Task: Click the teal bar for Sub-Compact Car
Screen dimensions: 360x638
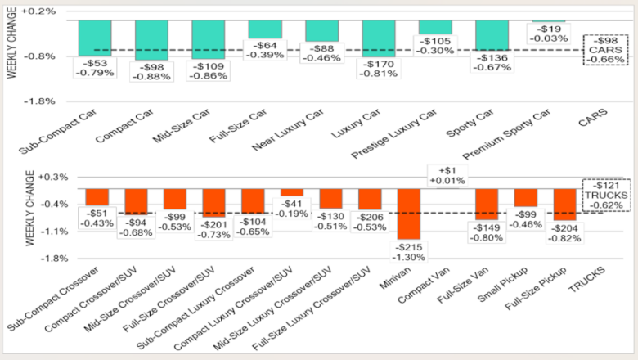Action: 95,36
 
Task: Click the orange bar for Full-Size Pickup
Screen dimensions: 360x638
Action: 565,204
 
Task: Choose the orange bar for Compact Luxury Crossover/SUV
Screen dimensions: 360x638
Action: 292,192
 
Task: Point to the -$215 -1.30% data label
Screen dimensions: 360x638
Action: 409,251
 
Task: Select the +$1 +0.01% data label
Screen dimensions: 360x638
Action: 447,176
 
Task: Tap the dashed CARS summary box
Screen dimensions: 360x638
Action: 601,50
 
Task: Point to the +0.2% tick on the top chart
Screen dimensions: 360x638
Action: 40,11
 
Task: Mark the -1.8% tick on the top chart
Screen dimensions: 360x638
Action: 40,101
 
